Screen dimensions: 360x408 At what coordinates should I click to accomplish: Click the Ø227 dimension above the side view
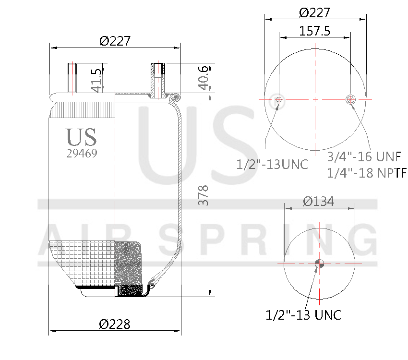(115, 41)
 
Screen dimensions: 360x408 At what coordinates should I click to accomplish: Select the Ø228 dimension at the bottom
(115, 324)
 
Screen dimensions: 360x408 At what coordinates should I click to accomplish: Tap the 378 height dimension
(203, 196)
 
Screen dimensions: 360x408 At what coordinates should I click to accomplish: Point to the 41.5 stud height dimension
(96, 80)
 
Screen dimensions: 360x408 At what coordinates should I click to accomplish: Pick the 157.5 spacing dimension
(315, 31)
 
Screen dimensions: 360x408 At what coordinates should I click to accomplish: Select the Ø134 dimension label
(319, 202)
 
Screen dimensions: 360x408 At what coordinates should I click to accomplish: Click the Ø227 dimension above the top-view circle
(315, 13)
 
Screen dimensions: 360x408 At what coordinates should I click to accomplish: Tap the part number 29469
(82, 154)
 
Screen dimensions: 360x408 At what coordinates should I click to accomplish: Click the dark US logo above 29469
(82, 137)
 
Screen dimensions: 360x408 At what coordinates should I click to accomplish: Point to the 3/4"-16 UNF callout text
(364, 156)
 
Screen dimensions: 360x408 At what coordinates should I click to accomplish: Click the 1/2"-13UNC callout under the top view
(272, 165)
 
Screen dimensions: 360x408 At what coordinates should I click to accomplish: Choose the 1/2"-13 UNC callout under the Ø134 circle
(303, 315)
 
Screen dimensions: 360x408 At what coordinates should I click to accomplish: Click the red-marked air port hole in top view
(351, 99)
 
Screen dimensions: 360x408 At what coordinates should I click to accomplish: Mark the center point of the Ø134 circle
(319, 263)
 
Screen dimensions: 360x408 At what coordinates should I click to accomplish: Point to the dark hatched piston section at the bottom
(130, 290)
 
